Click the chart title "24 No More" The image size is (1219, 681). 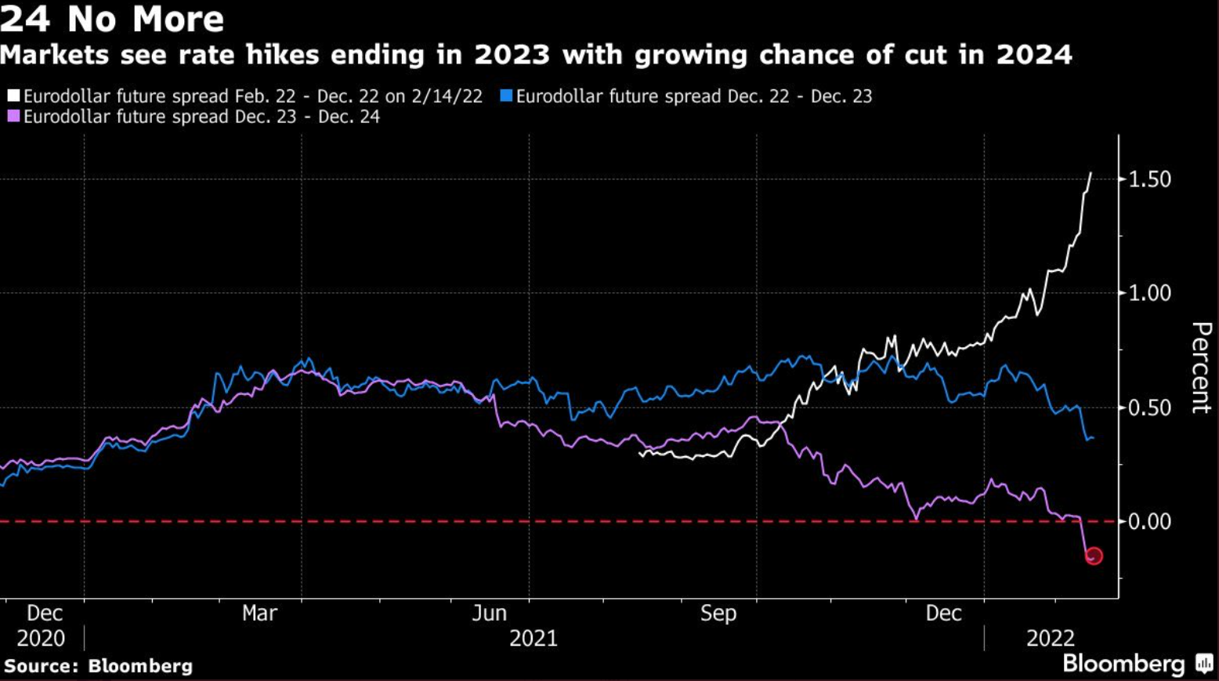112,19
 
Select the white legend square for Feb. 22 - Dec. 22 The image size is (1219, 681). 13,96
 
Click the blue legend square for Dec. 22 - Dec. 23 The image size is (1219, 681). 506,96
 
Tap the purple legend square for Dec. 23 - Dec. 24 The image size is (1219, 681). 13,117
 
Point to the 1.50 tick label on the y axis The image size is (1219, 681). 1149,179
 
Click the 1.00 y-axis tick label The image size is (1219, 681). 1149,293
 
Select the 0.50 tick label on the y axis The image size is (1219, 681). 1149,408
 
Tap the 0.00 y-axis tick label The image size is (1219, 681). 1149,521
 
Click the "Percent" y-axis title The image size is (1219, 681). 1200,367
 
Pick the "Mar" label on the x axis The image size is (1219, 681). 259,613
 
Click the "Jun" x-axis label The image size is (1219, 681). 489,613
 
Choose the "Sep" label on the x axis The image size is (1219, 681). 718,613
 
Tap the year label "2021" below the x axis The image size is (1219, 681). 534,639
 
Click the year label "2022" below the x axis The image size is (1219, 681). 1051,639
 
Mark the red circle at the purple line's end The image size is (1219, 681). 1094,556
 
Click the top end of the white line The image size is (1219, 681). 1091,173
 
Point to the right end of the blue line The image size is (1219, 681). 1093,438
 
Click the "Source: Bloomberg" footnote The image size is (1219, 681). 98,666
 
